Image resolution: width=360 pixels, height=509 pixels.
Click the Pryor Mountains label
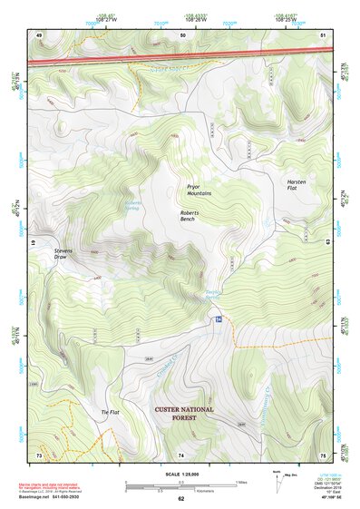pyautogui.click(x=199, y=190)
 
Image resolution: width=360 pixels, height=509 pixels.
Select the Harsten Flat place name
pyautogui.click(x=298, y=183)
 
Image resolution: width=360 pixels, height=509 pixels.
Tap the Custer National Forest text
pyautogui.click(x=184, y=415)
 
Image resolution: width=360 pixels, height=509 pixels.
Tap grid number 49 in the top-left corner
pyautogui.click(x=39, y=34)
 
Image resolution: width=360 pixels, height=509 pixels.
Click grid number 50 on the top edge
pyautogui.click(x=182, y=34)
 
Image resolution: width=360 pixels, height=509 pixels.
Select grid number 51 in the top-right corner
pyautogui.click(x=323, y=34)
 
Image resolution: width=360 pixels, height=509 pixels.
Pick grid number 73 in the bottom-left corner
pyautogui.click(x=39, y=454)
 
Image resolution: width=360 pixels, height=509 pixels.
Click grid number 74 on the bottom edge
pyautogui.click(x=181, y=454)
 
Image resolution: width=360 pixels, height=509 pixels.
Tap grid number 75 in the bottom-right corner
pyautogui.click(x=323, y=454)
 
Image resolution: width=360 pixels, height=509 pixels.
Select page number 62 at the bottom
pyautogui.click(x=181, y=499)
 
